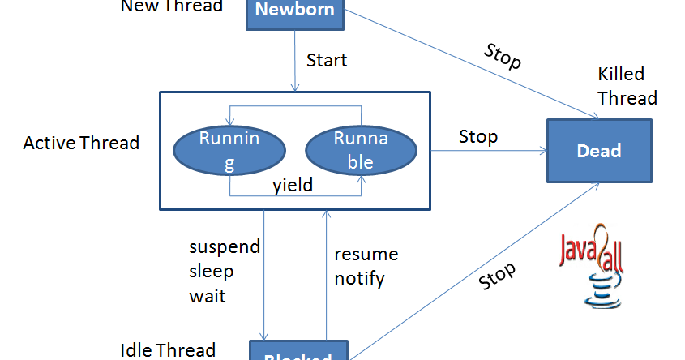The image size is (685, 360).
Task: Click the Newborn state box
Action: [295, 11]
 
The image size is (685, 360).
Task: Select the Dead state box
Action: [598, 151]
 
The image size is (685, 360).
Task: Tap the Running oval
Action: [229, 151]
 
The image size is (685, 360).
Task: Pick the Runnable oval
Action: [361, 151]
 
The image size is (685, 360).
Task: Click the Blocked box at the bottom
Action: [298, 352]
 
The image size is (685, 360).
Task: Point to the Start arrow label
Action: [327, 60]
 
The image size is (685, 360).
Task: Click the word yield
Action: [293, 185]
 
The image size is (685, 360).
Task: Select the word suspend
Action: [225, 246]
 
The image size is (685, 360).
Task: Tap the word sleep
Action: [211, 271]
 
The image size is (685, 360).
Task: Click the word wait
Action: [208, 296]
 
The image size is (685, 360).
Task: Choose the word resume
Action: [366, 254]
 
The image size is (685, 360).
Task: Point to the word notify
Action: [359, 279]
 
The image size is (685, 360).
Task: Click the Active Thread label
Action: [81, 144]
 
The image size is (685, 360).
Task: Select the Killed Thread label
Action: [627, 86]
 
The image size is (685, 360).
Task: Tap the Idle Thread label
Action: [168, 349]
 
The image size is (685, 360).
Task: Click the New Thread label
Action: [172, 6]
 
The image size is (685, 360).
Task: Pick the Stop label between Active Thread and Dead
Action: [478, 136]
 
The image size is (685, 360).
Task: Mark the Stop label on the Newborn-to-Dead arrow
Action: [503, 57]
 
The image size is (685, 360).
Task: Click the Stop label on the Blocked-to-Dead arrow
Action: [497, 276]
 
